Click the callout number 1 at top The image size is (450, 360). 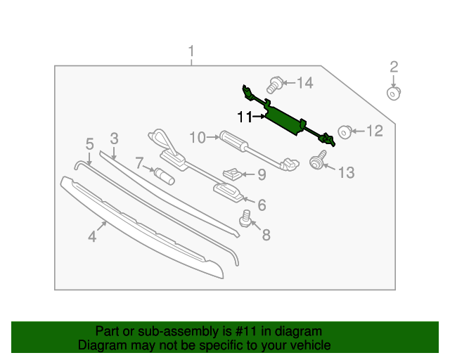coord(190,51)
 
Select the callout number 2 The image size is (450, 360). coord(394,67)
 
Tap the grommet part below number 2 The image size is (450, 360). coord(394,93)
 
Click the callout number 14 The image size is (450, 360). coord(304,84)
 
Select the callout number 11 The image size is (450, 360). coord(244,117)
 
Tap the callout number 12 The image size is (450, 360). coord(374,130)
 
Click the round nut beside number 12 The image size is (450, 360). coord(345,131)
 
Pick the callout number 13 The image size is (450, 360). coord(347,172)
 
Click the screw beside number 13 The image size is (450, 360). coord(317,162)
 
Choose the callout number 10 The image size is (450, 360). coord(196,136)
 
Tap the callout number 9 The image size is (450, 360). coord(261,174)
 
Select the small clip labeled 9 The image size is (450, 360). coord(233,172)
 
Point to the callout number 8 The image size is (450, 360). coord(266,235)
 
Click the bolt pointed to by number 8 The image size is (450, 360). coord(247,218)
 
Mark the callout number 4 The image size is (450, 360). coord(92,237)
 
